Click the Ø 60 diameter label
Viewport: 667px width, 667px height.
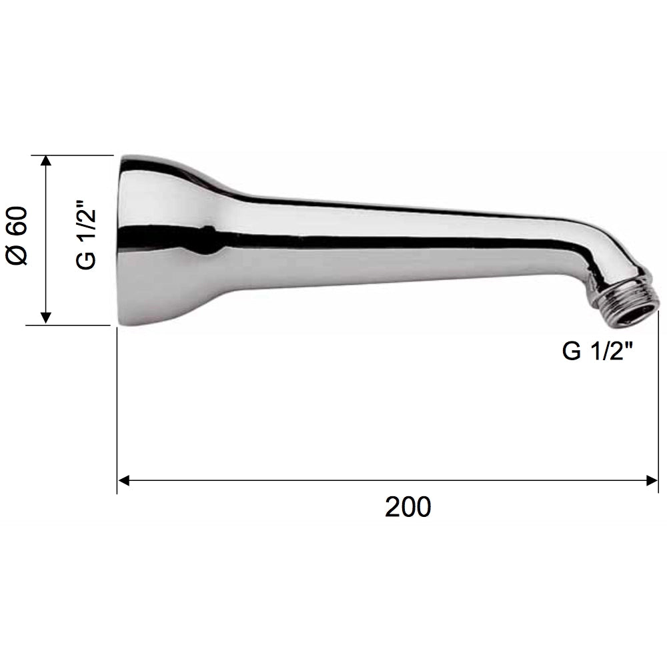[x=17, y=236]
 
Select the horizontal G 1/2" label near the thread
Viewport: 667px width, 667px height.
[x=598, y=351]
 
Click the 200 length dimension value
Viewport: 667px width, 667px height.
[x=408, y=507]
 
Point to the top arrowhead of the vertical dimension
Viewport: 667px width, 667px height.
[x=45, y=161]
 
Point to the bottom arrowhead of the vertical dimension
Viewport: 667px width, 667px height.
[x=45, y=319]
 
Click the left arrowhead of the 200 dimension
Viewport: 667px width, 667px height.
[x=123, y=481]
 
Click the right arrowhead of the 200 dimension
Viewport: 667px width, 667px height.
[x=652, y=481]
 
